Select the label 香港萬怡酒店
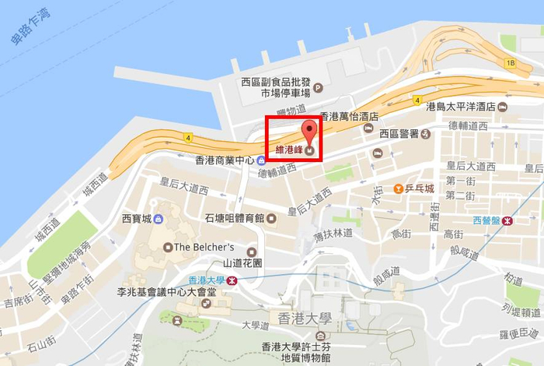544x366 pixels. point(349,116)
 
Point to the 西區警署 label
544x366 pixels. point(399,134)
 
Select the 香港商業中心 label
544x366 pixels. point(225,161)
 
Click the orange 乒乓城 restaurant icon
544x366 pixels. point(398,188)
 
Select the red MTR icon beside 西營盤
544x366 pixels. point(507,220)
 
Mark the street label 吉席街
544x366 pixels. point(19,301)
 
